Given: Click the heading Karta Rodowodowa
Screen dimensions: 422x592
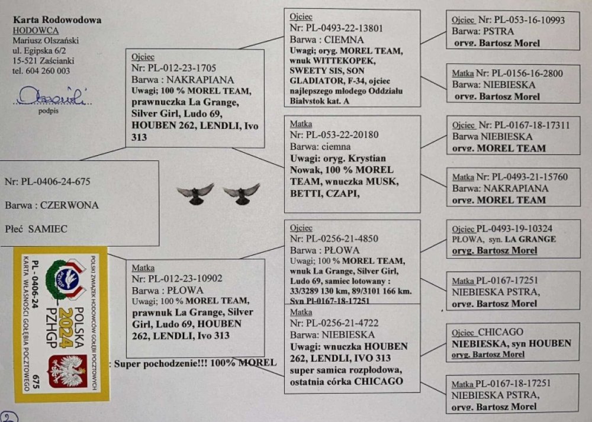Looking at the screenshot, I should [57, 20].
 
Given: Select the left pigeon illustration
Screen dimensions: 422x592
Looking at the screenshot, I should [195, 194].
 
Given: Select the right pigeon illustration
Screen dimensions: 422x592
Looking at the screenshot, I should [242, 194].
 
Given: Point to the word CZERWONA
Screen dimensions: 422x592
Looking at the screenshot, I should [74, 205].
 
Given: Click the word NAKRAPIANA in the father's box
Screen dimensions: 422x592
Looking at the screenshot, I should [201, 79].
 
